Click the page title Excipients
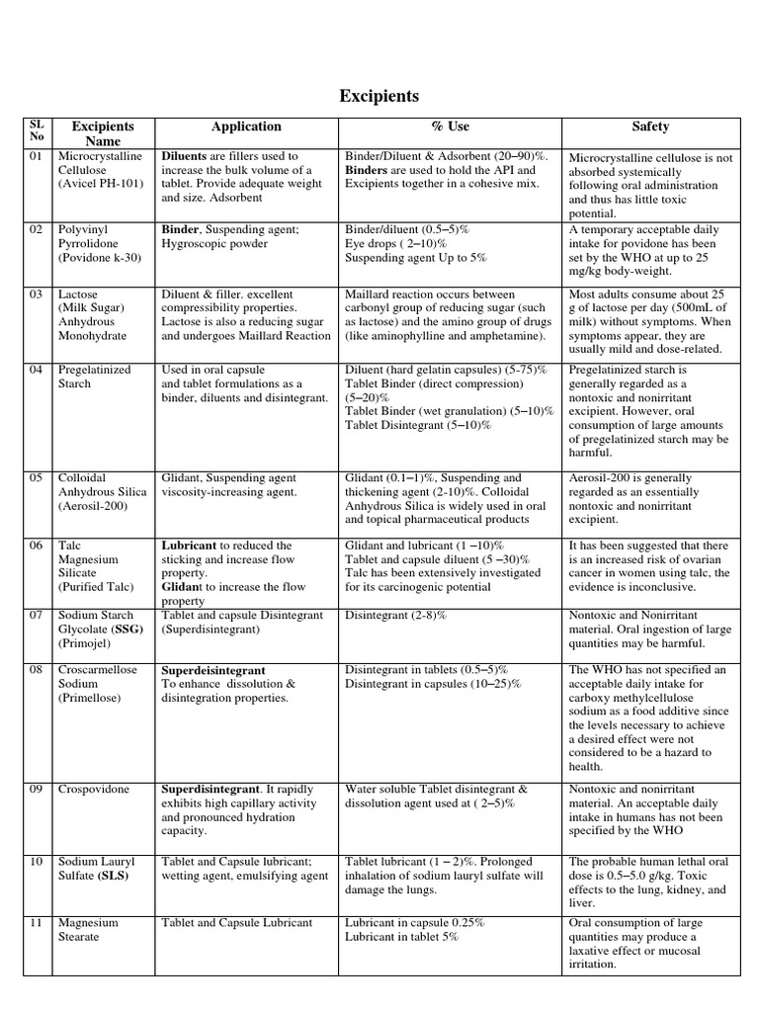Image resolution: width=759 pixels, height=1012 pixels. coord(379,96)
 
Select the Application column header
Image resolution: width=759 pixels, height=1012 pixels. coord(246,126)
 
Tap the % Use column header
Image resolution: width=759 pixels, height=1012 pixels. coord(451,126)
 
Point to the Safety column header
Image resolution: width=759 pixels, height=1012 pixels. coord(650,126)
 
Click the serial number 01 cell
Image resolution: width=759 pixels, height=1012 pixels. coord(37,156)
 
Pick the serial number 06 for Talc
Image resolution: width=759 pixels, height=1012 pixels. coord(37,545)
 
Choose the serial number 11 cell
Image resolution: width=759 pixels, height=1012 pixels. coord(37,923)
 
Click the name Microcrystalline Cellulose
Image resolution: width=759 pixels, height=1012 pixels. coord(100,163)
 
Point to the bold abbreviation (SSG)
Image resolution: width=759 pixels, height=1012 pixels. coord(128,629)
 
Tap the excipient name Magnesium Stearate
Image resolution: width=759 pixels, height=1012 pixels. coord(88,930)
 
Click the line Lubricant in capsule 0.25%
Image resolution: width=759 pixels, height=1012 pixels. coord(415,923)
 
